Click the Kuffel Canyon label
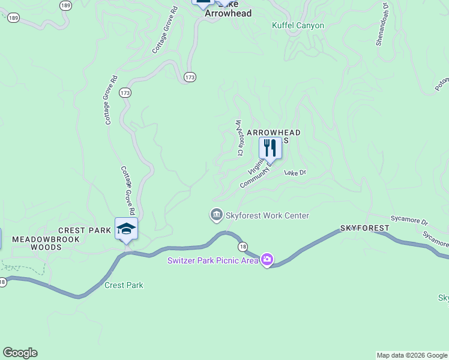[298, 25]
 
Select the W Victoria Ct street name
[238, 137]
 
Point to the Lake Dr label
[295, 173]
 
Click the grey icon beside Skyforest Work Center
[215, 214]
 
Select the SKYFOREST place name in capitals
[364, 228]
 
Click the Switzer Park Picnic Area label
[213, 260]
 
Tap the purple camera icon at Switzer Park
[267, 260]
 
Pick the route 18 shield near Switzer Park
[243, 247]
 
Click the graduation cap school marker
[126, 229]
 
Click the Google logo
[20, 353]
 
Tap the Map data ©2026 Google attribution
[412, 355]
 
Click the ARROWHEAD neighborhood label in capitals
[265, 131]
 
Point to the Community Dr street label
[255, 178]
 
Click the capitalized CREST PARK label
[85, 230]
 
